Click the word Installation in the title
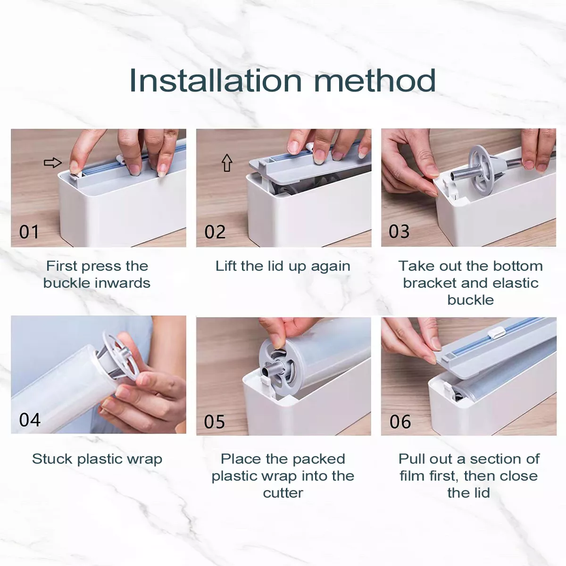[x=216, y=81]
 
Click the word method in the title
[x=375, y=81]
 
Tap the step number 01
[x=29, y=232]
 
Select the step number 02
[x=215, y=232]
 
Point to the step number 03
[x=399, y=232]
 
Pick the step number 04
[x=30, y=420]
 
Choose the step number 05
[x=215, y=422]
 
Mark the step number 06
[x=400, y=422]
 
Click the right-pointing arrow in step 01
[x=52, y=162]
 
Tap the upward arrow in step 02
[x=227, y=163]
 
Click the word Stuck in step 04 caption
[x=52, y=459]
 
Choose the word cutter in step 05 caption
[x=283, y=493]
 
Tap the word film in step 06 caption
[x=412, y=476]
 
